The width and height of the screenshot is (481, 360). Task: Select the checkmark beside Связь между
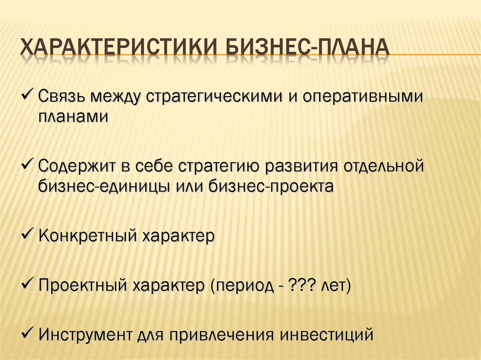[28, 94]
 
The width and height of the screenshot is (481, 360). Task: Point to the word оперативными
[363, 96]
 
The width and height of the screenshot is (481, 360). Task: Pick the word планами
[73, 116]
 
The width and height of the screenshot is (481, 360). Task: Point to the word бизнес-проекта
[271, 186]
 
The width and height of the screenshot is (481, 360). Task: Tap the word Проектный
[83, 285]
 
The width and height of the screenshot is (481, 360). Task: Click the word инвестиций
[327, 335]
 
